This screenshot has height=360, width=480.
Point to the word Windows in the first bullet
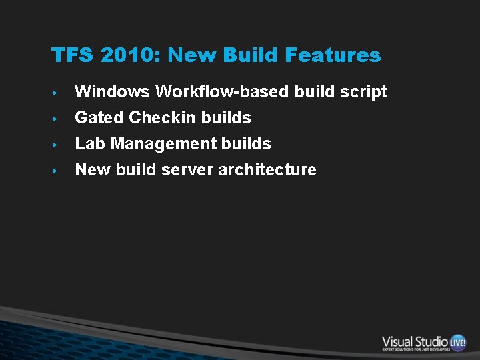112,91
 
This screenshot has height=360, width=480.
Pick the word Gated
99,117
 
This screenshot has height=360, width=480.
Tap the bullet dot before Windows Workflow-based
58,93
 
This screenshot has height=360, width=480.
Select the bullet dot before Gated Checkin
58,119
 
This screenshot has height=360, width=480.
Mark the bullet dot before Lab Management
58,145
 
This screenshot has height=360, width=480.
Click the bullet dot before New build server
58,171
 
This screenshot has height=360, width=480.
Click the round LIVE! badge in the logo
458,342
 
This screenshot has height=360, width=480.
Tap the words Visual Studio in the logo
415,341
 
